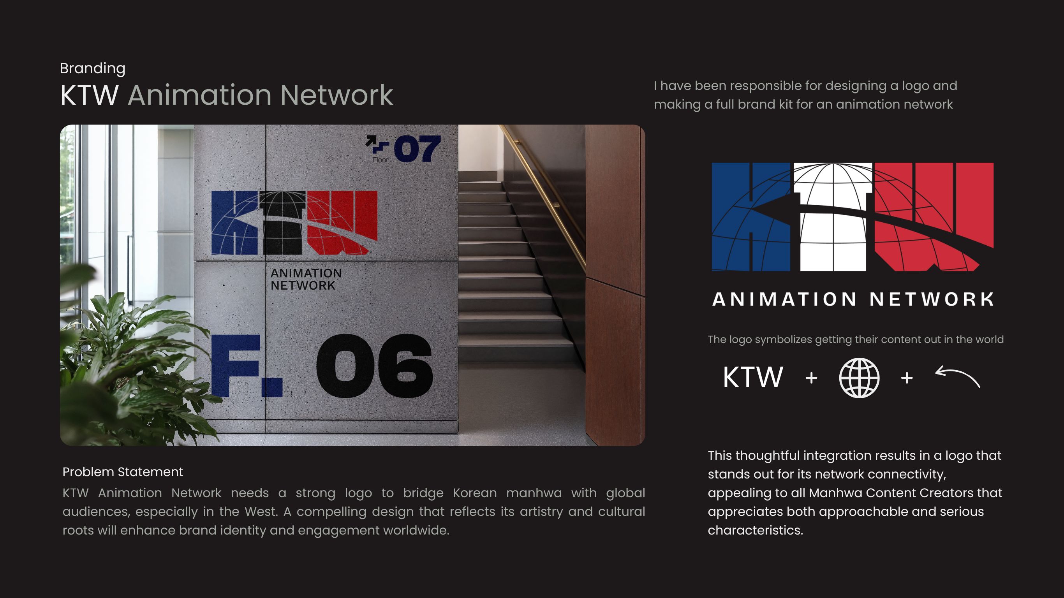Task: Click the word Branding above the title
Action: [93, 69]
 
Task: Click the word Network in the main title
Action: [336, 95]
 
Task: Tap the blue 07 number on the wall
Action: [417, 149]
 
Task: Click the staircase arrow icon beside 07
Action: [377, 144]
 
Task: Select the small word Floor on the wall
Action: [381, 160]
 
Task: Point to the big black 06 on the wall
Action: [375, 366]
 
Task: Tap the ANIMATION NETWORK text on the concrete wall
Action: [306, 279]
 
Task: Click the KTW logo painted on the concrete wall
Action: [294, 223]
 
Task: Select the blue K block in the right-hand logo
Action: [751, 217]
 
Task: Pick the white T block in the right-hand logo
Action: [833, 217]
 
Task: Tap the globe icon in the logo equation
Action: [859, 378]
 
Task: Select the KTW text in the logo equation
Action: [752, 377]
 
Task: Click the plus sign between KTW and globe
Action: [811, 378]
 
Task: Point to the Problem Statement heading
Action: [123, 472]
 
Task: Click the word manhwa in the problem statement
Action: [534, 493]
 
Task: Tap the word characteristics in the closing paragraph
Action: [756, 530]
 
